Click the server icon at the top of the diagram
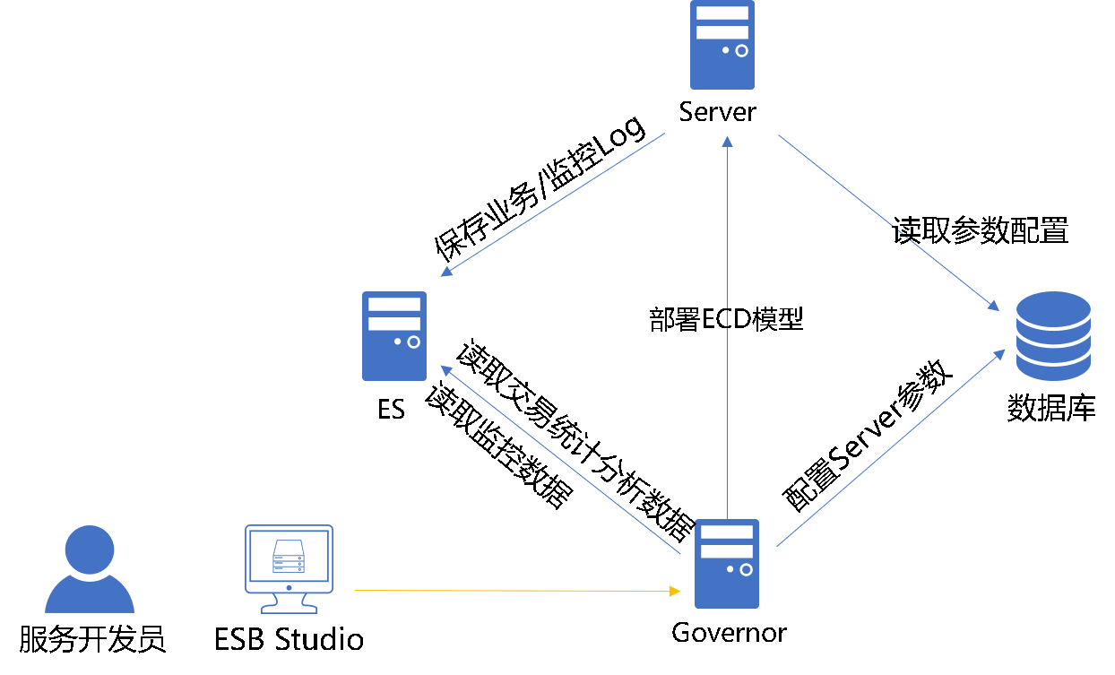[722, 45]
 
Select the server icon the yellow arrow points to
[727, 564]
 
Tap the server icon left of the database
[394, 336]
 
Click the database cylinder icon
[1053, 336]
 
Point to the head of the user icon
[90, 550]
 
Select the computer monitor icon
[289, 559]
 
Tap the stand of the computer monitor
[289, 604]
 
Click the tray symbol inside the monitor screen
[289, 557]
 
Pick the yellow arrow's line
[511, 591]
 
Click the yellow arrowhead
[674, 592]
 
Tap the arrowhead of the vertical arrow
[727, 141]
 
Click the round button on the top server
[741, 51]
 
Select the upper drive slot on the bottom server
[727, 532]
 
